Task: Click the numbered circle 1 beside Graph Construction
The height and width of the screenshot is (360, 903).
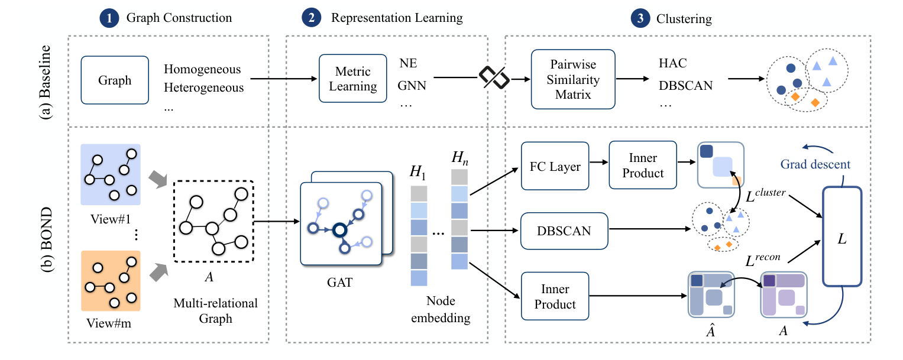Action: coord(109,18)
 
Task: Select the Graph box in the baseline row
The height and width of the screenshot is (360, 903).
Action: coord(115,80)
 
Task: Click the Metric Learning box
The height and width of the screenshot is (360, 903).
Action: coord(352,79)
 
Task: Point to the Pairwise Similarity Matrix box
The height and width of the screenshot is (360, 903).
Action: coord(573,79)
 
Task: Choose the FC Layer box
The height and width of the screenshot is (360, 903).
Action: coord(555,166)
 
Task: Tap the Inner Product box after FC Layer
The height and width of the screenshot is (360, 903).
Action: coord(642,166)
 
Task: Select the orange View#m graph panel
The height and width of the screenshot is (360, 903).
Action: coord(111,280)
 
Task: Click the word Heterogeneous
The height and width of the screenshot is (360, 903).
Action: coord(204,88)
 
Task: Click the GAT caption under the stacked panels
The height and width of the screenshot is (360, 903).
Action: coord(340,283)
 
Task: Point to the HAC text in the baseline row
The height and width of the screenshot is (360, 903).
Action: coord(673,63)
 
